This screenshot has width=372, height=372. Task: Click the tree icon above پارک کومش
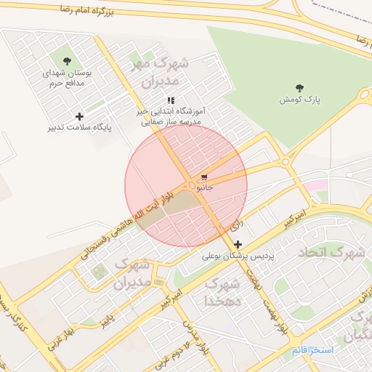coord(299,88)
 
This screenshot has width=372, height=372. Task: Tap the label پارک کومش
coord(299,99)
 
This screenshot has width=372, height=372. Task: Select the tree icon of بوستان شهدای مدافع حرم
coord(68,62)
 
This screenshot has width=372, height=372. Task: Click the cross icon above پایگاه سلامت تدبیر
coord(79,116)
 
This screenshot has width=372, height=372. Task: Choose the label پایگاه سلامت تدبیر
coord(80,128)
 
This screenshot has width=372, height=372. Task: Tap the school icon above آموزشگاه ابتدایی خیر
coord(171,101)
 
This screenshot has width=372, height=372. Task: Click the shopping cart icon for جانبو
coord(205,177)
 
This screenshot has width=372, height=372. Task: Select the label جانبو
coord(203,187)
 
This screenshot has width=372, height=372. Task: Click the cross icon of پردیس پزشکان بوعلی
coord(238,245)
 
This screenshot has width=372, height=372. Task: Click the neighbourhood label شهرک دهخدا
coord(219,291)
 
